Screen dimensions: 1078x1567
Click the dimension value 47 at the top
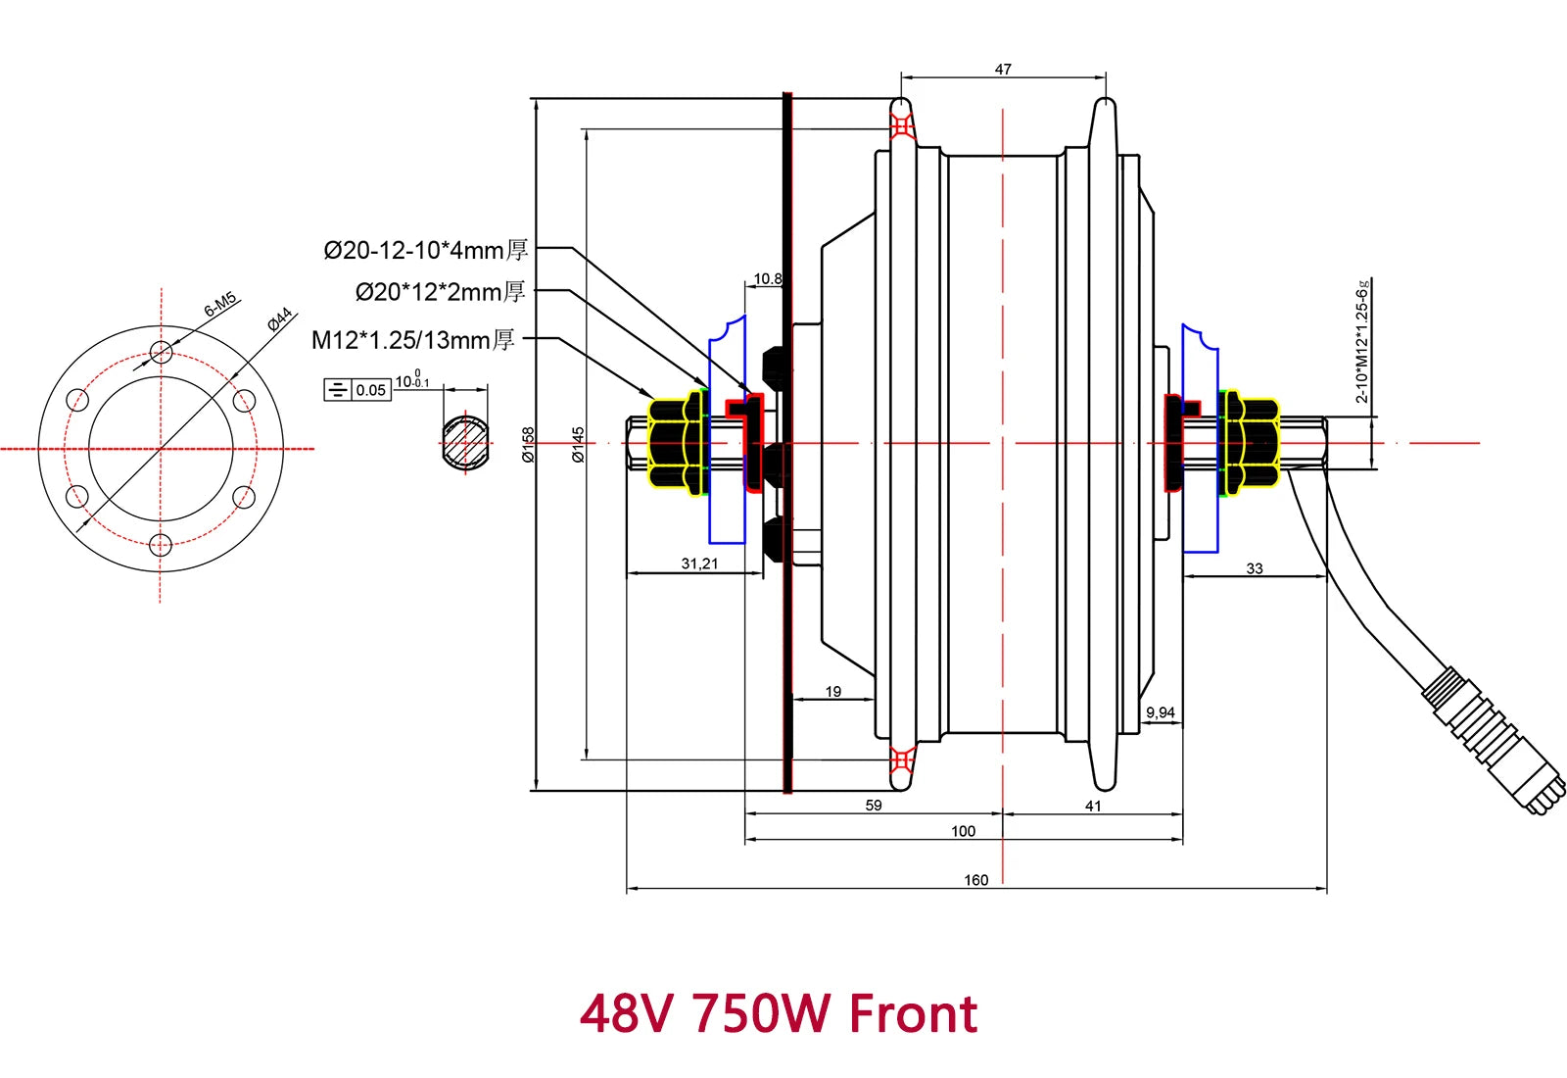pos(1003,70)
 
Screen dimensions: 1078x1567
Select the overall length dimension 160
pos(975,880)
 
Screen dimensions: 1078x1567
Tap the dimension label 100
pos(963,831)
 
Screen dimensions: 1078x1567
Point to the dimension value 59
pos(874,806)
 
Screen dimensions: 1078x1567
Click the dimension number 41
pos(1093,806)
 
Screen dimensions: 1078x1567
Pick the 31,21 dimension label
pos(699,563)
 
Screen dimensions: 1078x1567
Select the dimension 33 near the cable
pos(1255,568)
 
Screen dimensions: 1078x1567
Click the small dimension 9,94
pos(1160,712)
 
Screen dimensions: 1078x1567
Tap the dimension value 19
pos(832,692)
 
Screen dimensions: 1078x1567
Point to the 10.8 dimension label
pos(767,279)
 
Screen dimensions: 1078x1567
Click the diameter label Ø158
pos(529,444)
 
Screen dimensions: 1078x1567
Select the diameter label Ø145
pos(579,444)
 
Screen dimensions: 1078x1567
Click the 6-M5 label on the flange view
pos(220,304)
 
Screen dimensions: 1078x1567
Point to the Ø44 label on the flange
pos(280,319)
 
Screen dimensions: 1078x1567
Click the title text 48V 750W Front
pos(779,1013)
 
